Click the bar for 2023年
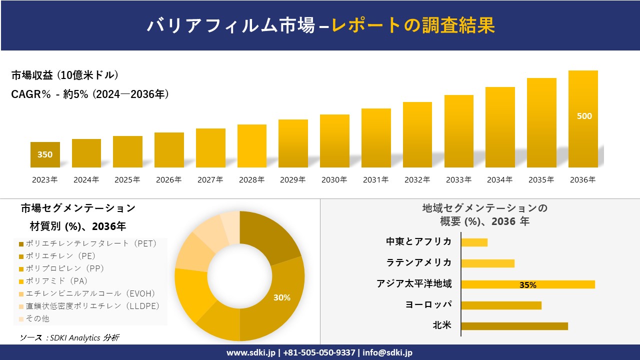click(x=45, y=155)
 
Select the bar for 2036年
click(x=583, y=119)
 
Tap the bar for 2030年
click(x=334, y=141)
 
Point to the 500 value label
click(x=584, y=116)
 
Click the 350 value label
click(x=45, y=154)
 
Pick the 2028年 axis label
click(x=251, y=180)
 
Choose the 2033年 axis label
click(x=458, y=180)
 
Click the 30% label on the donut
click(x=281, y=297)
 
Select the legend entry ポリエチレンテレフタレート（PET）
click(x=88, y=243)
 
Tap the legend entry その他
click(x=37, y=318)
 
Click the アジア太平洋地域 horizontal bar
click(x=527, y=284)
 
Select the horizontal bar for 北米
click(x=514, y=326)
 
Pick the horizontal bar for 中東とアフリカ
click(x=474, y=242)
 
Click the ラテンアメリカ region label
click(x=419, y=262)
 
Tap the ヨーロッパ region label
click(x=428, y=304)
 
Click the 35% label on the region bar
click(x=527, y=285)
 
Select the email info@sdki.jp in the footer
click(x=387, y=352)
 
